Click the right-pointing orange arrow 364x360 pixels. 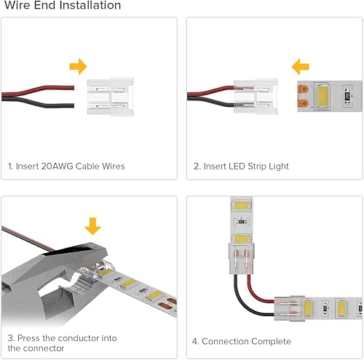pos(78,68)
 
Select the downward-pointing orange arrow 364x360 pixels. pos(92,224)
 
